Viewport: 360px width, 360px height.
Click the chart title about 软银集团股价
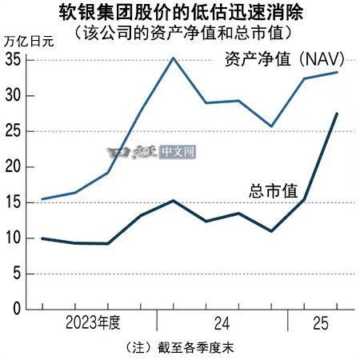coord(179,13)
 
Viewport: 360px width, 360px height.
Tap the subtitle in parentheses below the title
coord(180,33)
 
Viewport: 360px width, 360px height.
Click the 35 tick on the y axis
coord(12,59)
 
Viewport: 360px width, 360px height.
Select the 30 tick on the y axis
coord(12,95)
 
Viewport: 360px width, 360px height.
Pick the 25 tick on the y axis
coord(12,130)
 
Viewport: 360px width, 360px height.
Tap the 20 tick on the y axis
coord(12,166)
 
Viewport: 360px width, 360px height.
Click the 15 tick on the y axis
coord(12,202)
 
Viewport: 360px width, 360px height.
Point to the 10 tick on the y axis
coord(12,238)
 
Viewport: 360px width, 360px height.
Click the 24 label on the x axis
coord(221,323)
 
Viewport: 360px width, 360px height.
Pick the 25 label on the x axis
coord(318,323)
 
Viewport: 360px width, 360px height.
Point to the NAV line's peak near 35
coord(174,58)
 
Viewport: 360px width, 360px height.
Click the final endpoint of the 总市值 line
coord(336,114)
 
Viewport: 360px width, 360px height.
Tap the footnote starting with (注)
coord(180,350)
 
